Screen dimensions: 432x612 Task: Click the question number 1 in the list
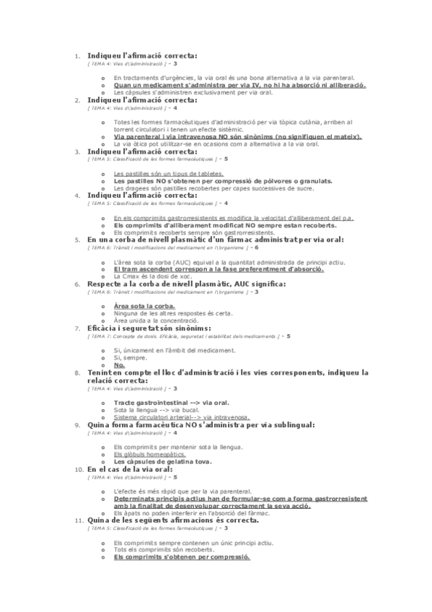click(77, 56)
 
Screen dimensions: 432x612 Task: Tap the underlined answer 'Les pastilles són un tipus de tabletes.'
click(168, 174)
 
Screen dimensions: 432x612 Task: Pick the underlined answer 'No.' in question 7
click(120, 364)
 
